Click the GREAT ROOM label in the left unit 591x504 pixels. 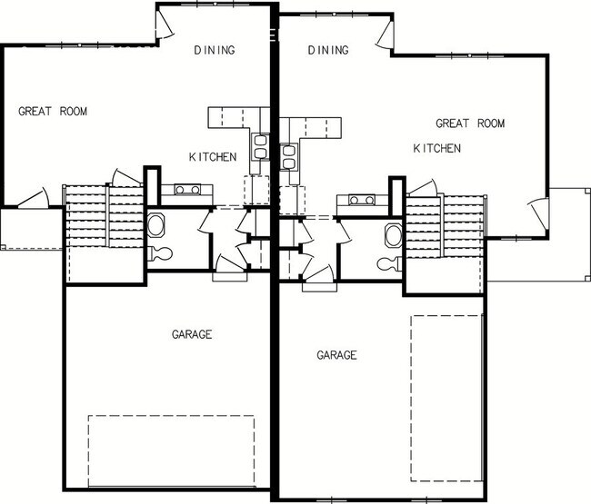coord(53,112)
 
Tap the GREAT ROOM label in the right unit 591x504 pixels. coord(469,124)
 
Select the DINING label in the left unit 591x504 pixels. coord(215,50)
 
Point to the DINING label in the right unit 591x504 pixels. coord(328,50)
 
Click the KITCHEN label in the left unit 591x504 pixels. coord(213,157)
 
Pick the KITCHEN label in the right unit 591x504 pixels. coord(436,148)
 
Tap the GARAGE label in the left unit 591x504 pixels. coord(191,335)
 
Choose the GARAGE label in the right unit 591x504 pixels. coord(336,355)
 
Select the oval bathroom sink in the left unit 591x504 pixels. coord(155,225)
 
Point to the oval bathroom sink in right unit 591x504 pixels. coord(393,235)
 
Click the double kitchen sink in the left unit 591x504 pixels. coord(260,147)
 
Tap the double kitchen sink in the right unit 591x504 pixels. coord(289,157)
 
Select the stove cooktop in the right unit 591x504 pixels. coord(355,200)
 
